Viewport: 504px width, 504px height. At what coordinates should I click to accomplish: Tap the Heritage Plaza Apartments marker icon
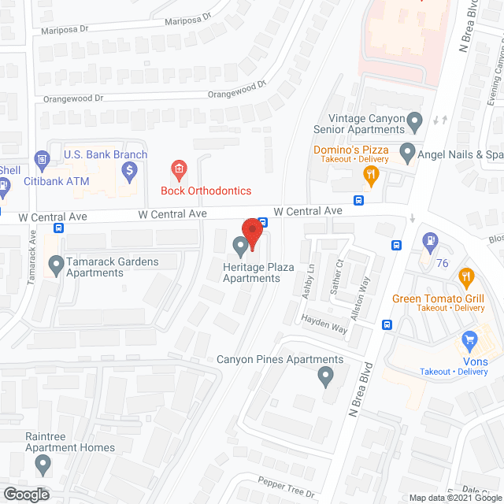[x=239, y=248]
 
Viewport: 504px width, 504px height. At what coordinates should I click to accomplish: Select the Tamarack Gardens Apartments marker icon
[x=55, y=267]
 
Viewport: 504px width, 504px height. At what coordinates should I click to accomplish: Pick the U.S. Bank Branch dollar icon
[x=131, y=169]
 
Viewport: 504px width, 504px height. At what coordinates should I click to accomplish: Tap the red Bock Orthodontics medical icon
[x=180, y=169]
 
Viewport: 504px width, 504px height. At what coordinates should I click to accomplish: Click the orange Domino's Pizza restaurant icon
[x=368, y=174]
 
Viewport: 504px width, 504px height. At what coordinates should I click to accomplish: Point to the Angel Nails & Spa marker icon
[x=407, y=150]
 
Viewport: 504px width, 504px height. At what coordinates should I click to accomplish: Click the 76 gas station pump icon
[x=431, y=240]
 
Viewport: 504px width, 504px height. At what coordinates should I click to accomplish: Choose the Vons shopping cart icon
[x=469, y=340]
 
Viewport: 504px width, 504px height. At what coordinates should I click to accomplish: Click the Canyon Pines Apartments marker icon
[x=324, y=379]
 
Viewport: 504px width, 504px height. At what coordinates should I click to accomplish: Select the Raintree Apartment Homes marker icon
[x=45, y=466]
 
